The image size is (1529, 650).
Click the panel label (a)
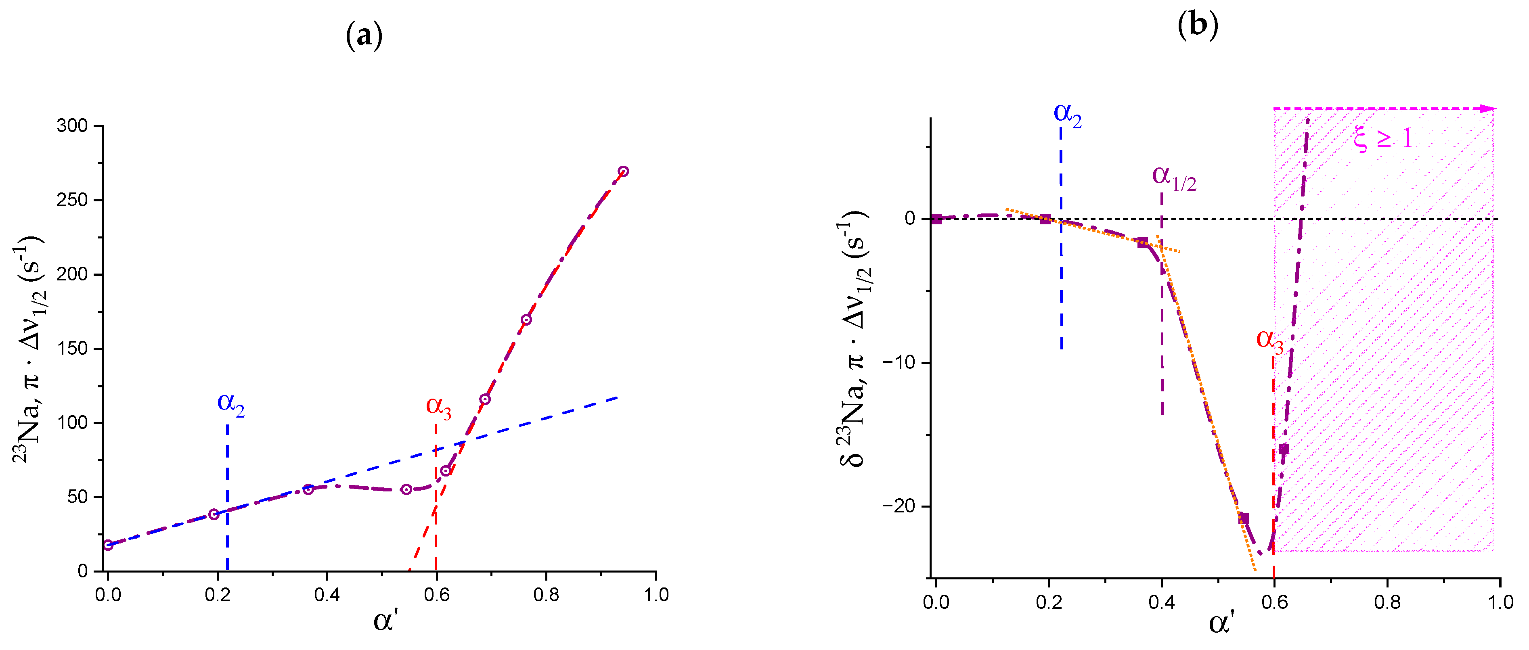(x=364, y=36)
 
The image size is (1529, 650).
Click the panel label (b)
(x=1198, y=25)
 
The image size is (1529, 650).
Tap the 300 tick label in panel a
(x=72, y=126)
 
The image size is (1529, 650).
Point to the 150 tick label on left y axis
(x=72, y=349)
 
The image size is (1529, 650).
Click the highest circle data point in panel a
(x=623, y=171)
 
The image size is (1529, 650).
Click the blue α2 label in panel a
(x=231, y=403)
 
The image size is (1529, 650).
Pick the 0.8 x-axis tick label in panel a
(x=545, y=595)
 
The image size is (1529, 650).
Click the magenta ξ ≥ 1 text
(x=1382, y=139)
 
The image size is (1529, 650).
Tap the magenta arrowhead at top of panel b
(x=1488, y=109)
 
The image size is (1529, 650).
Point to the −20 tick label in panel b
(x=900, y=506)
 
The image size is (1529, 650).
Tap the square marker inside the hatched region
(x=1284, y=449)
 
